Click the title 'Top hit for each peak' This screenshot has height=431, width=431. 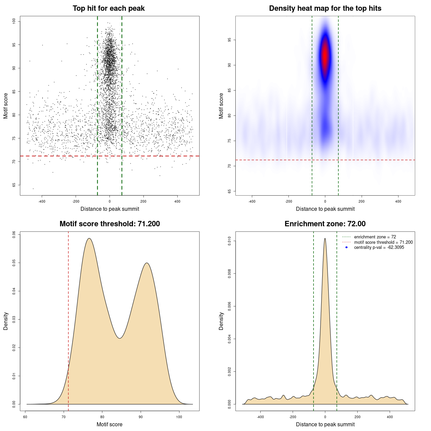click(108, 8)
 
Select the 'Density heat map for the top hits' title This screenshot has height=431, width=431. click(325, 8)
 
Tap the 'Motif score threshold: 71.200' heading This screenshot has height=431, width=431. click(109, 224)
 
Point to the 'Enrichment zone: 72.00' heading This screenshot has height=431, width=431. click(325, 224)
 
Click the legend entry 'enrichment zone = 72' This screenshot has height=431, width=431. click(375, 237)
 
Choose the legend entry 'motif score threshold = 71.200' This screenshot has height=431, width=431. click(383, 242)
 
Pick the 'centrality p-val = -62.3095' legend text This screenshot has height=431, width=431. click(379, 247)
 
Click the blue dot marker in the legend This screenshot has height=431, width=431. click(346, 247)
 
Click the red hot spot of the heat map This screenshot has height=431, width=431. click(325, 54)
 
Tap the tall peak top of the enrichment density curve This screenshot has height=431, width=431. click(325, 239)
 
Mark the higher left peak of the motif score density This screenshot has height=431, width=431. click(89, 239)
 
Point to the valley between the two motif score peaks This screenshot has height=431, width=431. click(120, 338)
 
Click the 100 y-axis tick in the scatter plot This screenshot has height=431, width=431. click(14, 21)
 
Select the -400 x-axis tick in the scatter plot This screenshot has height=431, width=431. click(42, 201)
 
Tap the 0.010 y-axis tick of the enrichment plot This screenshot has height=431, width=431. click(230, 241)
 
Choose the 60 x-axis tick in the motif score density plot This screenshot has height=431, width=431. click(25, 417)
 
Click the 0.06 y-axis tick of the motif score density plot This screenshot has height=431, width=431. click(14, 234)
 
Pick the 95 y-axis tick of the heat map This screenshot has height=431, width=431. click(230, 40)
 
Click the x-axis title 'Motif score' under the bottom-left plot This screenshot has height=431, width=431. click(109, 424)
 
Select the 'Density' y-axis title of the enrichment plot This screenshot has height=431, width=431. click(221, 321)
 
